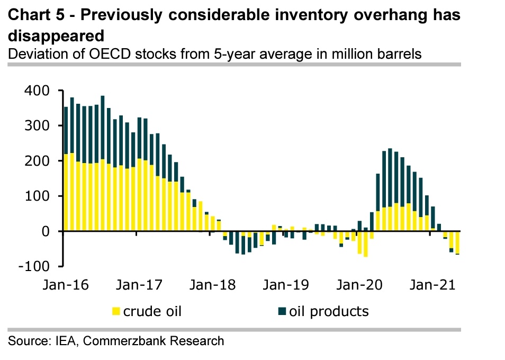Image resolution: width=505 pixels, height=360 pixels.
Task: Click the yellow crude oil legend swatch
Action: click(x=115, y=311)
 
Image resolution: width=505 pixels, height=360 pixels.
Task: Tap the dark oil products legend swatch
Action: click(x=282, y=311)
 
